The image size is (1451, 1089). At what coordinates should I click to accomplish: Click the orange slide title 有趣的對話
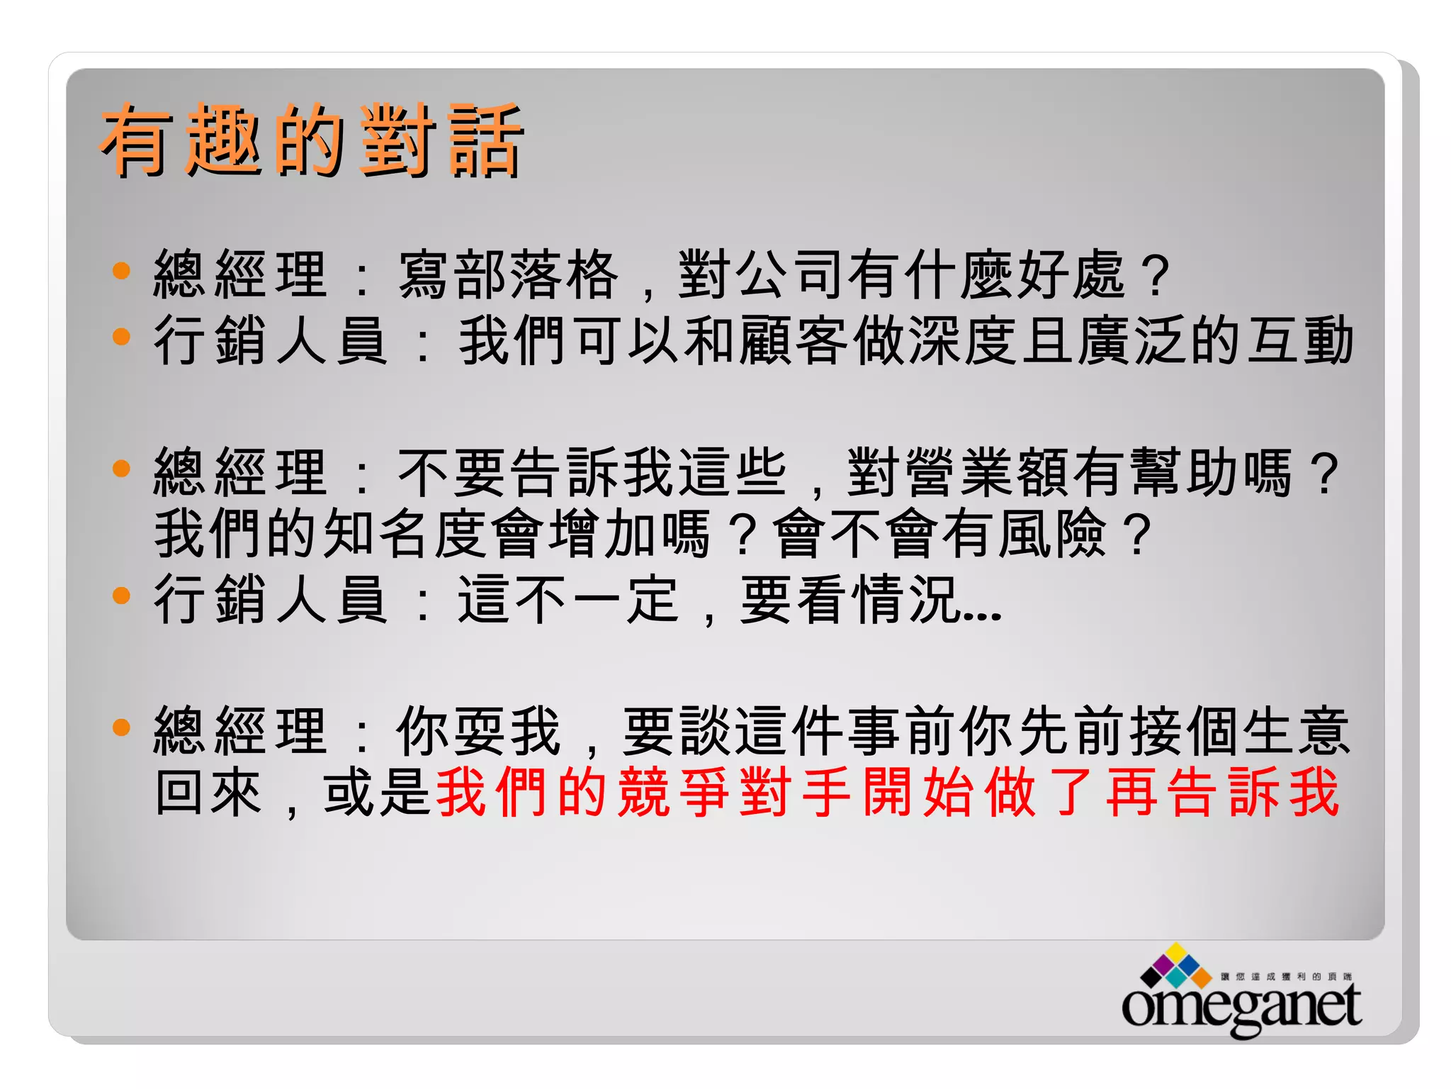312,139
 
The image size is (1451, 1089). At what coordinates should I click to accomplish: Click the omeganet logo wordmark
1241,1005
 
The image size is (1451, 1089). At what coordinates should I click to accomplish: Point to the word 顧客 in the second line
794,341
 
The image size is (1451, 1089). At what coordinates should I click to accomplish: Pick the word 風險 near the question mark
1051,534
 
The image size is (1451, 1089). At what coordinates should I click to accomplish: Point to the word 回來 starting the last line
209,792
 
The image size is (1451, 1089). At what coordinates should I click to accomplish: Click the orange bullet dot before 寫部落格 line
122,270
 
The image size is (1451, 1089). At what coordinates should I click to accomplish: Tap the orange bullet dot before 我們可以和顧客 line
122,336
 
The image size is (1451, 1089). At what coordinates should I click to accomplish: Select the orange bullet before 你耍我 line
122,727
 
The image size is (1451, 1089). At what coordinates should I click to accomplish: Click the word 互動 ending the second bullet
1300,341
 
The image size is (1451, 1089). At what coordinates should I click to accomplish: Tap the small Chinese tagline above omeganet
1286,976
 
